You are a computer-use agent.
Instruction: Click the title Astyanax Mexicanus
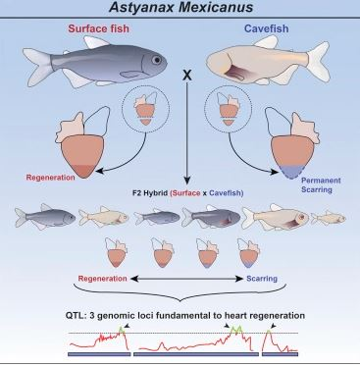180,11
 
